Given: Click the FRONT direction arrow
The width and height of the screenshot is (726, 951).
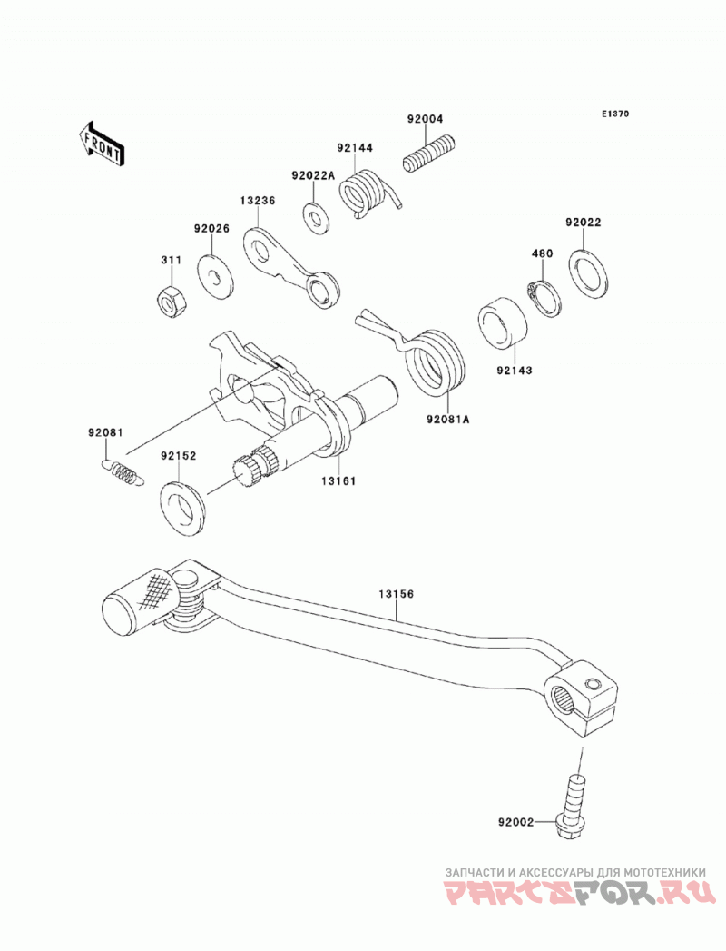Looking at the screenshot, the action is coord(102,144).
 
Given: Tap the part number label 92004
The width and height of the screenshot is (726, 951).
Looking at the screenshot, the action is coord(425,119).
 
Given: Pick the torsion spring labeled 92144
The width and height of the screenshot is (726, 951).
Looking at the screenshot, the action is coord(368,192).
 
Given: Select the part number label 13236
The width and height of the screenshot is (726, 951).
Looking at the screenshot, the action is coord(257,201).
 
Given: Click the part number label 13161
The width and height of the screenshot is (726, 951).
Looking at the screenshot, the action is coord(338,481).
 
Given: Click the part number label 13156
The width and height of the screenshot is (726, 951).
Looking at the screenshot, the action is coord(397,594).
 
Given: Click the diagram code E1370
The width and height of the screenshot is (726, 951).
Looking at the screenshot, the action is coord(615,114).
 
